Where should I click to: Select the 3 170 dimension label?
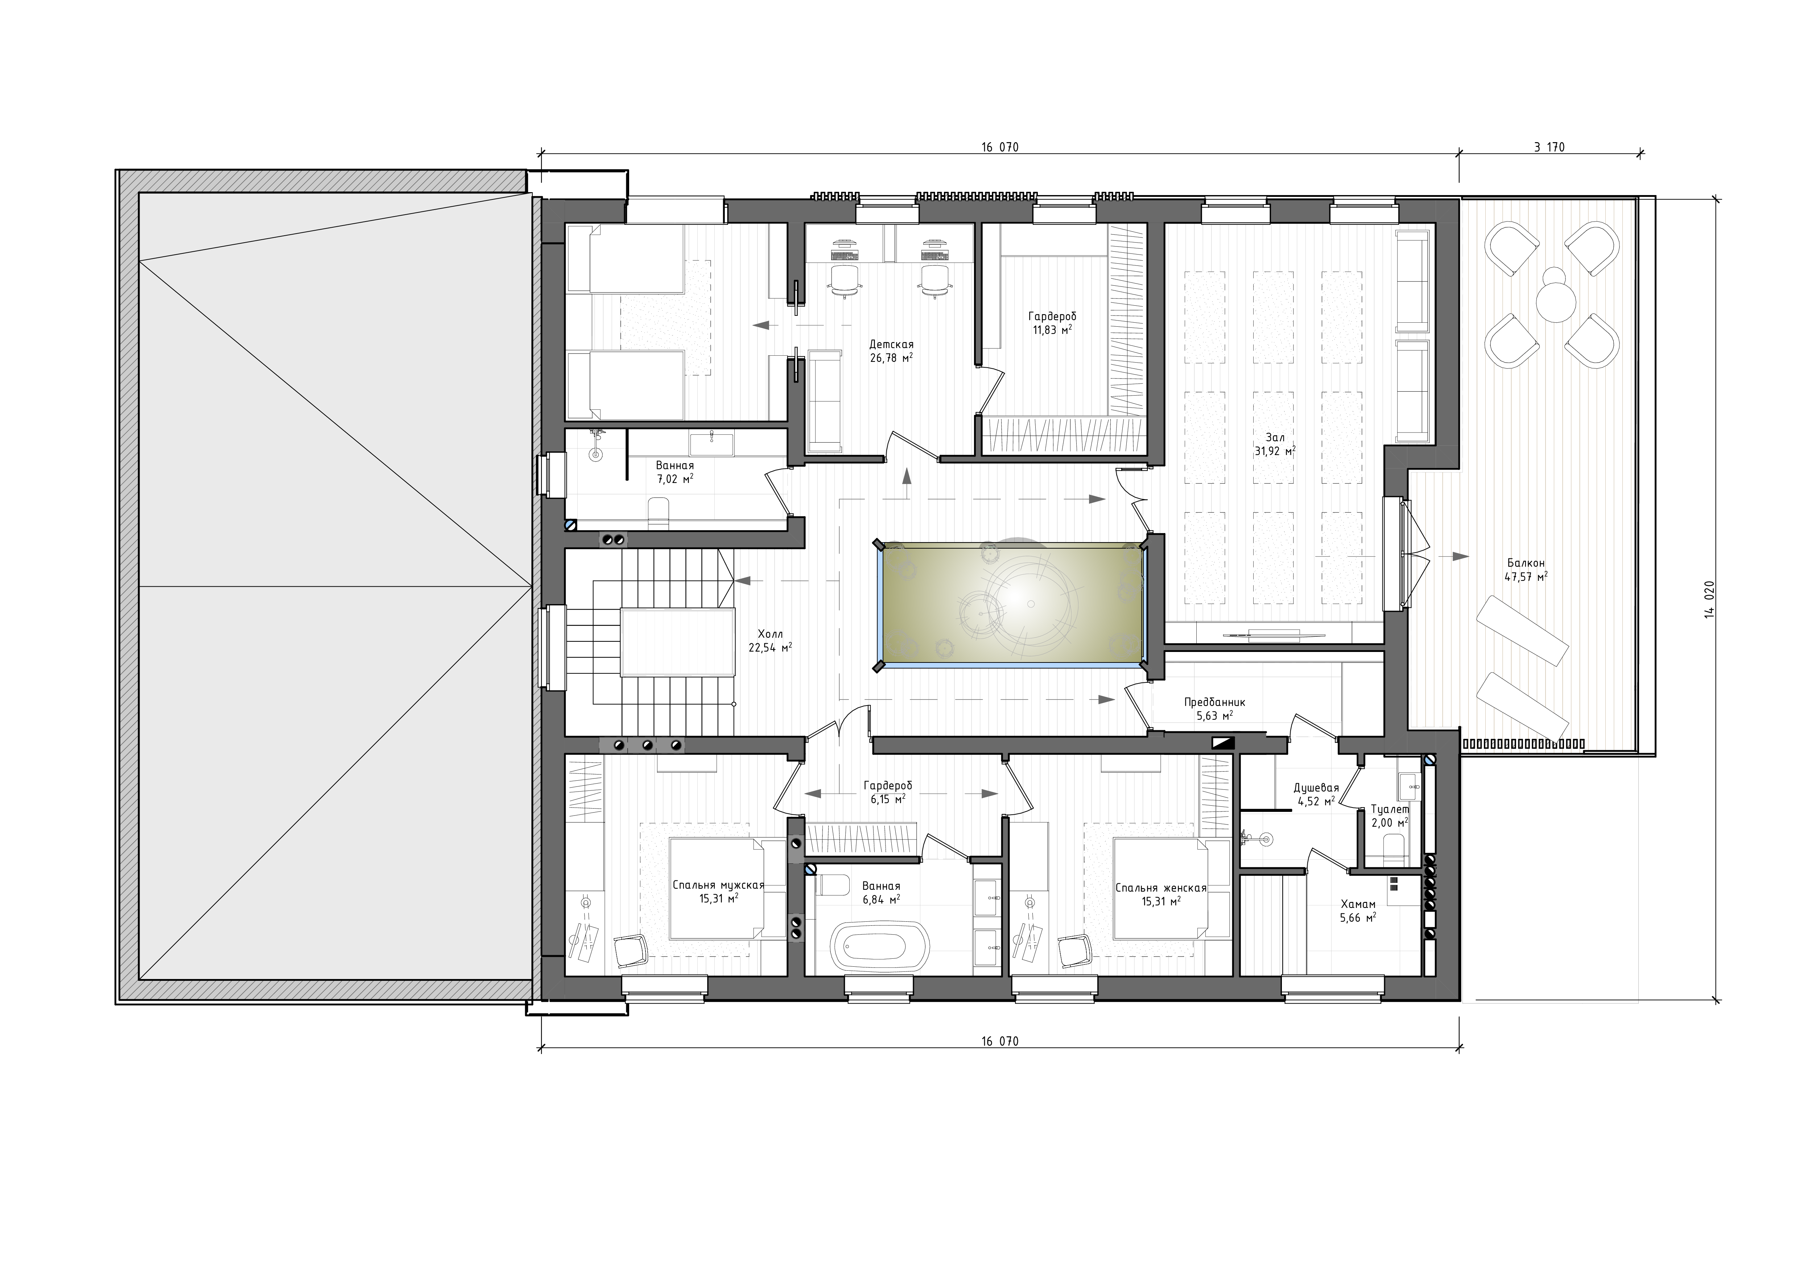[1550, 146]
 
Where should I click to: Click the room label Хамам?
[1358, 904]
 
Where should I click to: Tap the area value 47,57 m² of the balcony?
[1526, 577]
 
